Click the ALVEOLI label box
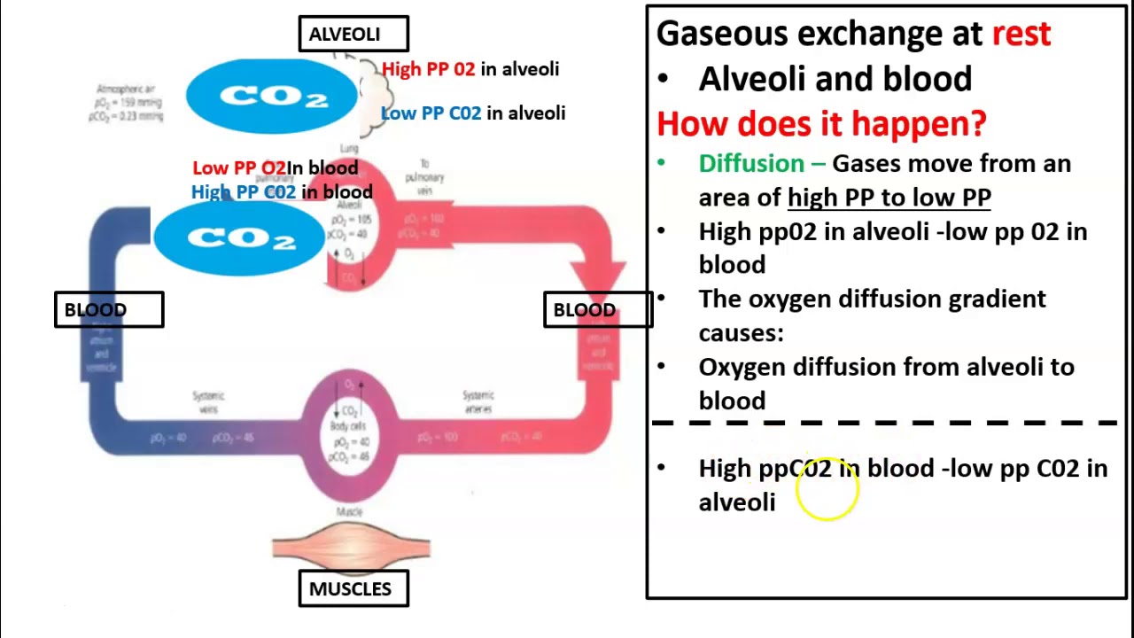click(353, 34)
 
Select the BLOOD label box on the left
click(109, 310)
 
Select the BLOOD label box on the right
click(597, 310)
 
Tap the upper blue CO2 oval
click(271, 97)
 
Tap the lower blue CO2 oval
click(239, 238)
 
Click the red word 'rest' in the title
click(1021, 34)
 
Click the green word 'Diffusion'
click(751, 164)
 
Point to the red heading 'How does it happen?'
click(820, 123)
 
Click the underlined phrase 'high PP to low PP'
click(889, 198)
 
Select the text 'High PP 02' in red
click(429, 69)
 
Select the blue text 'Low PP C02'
click(431, 113)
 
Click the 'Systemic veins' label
click(209, 402)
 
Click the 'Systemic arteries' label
click(478, 402)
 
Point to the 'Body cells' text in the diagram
click(349, 427)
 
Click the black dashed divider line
click(886, 424)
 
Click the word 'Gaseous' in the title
click(722, 34)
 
